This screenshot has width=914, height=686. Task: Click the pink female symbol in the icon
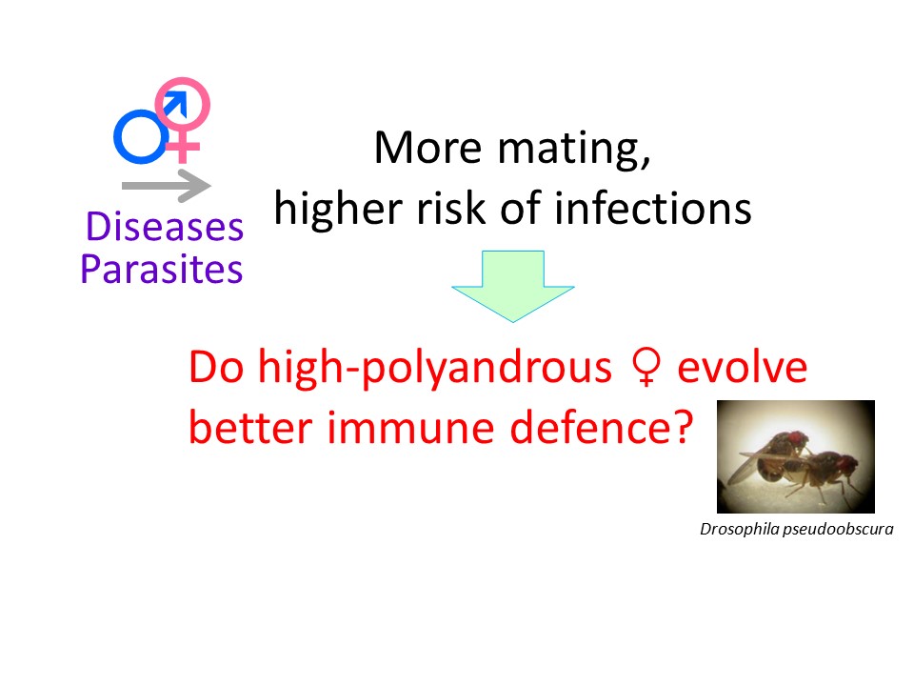point(182,147)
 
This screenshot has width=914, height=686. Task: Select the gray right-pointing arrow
point(166,186)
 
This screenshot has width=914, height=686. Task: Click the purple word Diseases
point(165,227)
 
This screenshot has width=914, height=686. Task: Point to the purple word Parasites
point(162,269)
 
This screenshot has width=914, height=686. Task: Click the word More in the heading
point(427,148)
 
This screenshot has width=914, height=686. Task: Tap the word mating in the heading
point(574,150)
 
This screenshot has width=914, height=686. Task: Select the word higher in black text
point(338,210)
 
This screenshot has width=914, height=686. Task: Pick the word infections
point(653,209)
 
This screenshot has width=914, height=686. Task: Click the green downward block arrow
point(513,287)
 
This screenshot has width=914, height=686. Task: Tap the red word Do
point(216,367)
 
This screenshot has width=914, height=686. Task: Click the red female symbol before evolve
point(646,367)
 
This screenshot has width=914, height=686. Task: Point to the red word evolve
point(742,368)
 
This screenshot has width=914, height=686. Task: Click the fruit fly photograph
point(796,456)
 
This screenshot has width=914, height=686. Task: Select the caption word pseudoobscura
point(838,529)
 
